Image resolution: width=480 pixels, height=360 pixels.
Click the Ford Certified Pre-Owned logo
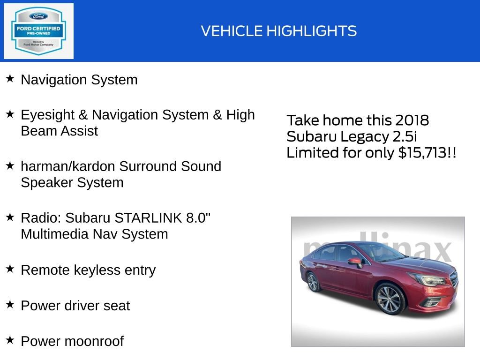coord(38,31)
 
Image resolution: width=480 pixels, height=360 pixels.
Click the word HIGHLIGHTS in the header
coord(311,31)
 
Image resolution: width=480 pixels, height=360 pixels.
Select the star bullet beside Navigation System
coord(10,78)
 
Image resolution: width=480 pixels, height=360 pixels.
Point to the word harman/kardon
coord(67,166)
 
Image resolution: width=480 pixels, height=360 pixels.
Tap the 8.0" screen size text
coord(198,217)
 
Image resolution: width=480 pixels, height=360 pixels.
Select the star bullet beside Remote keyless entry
coord(10,269)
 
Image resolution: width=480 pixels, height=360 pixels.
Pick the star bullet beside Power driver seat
coord(10,304)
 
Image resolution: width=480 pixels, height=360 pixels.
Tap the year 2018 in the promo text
coord(411,120)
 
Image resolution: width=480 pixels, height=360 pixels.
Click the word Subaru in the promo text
coord(310,136)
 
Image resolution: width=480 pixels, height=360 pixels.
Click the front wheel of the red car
coord(390,299)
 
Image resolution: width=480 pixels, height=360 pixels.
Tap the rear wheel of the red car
coord(313,282)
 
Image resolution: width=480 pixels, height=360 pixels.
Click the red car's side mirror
coord(354,261)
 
